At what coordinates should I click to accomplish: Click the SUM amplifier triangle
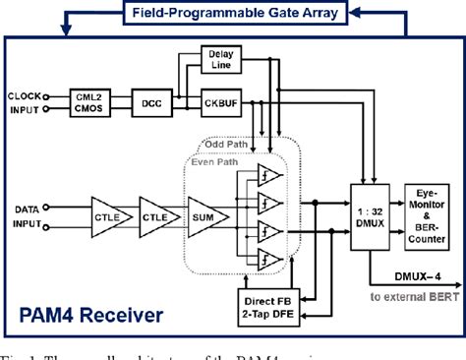coord(209,215)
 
